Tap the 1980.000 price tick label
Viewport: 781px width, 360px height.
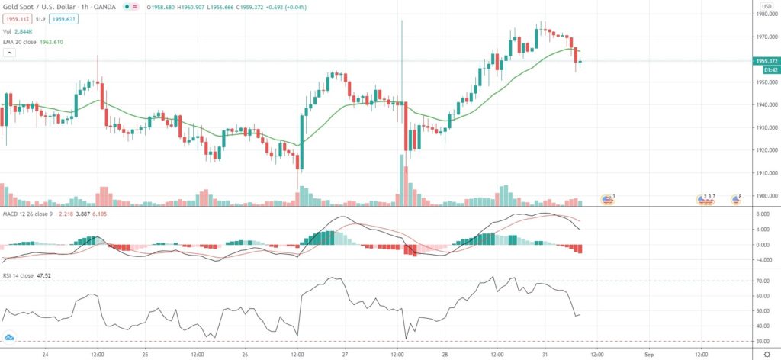(765, 14)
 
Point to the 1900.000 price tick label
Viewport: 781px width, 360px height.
(765, 196)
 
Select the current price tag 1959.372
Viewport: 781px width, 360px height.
(765, 60)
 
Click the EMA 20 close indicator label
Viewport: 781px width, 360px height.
(34, 43)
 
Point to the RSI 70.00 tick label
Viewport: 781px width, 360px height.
(763, 281)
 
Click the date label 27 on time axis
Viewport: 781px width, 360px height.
(346, 355)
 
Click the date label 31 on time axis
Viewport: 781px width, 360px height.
(545, 355)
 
